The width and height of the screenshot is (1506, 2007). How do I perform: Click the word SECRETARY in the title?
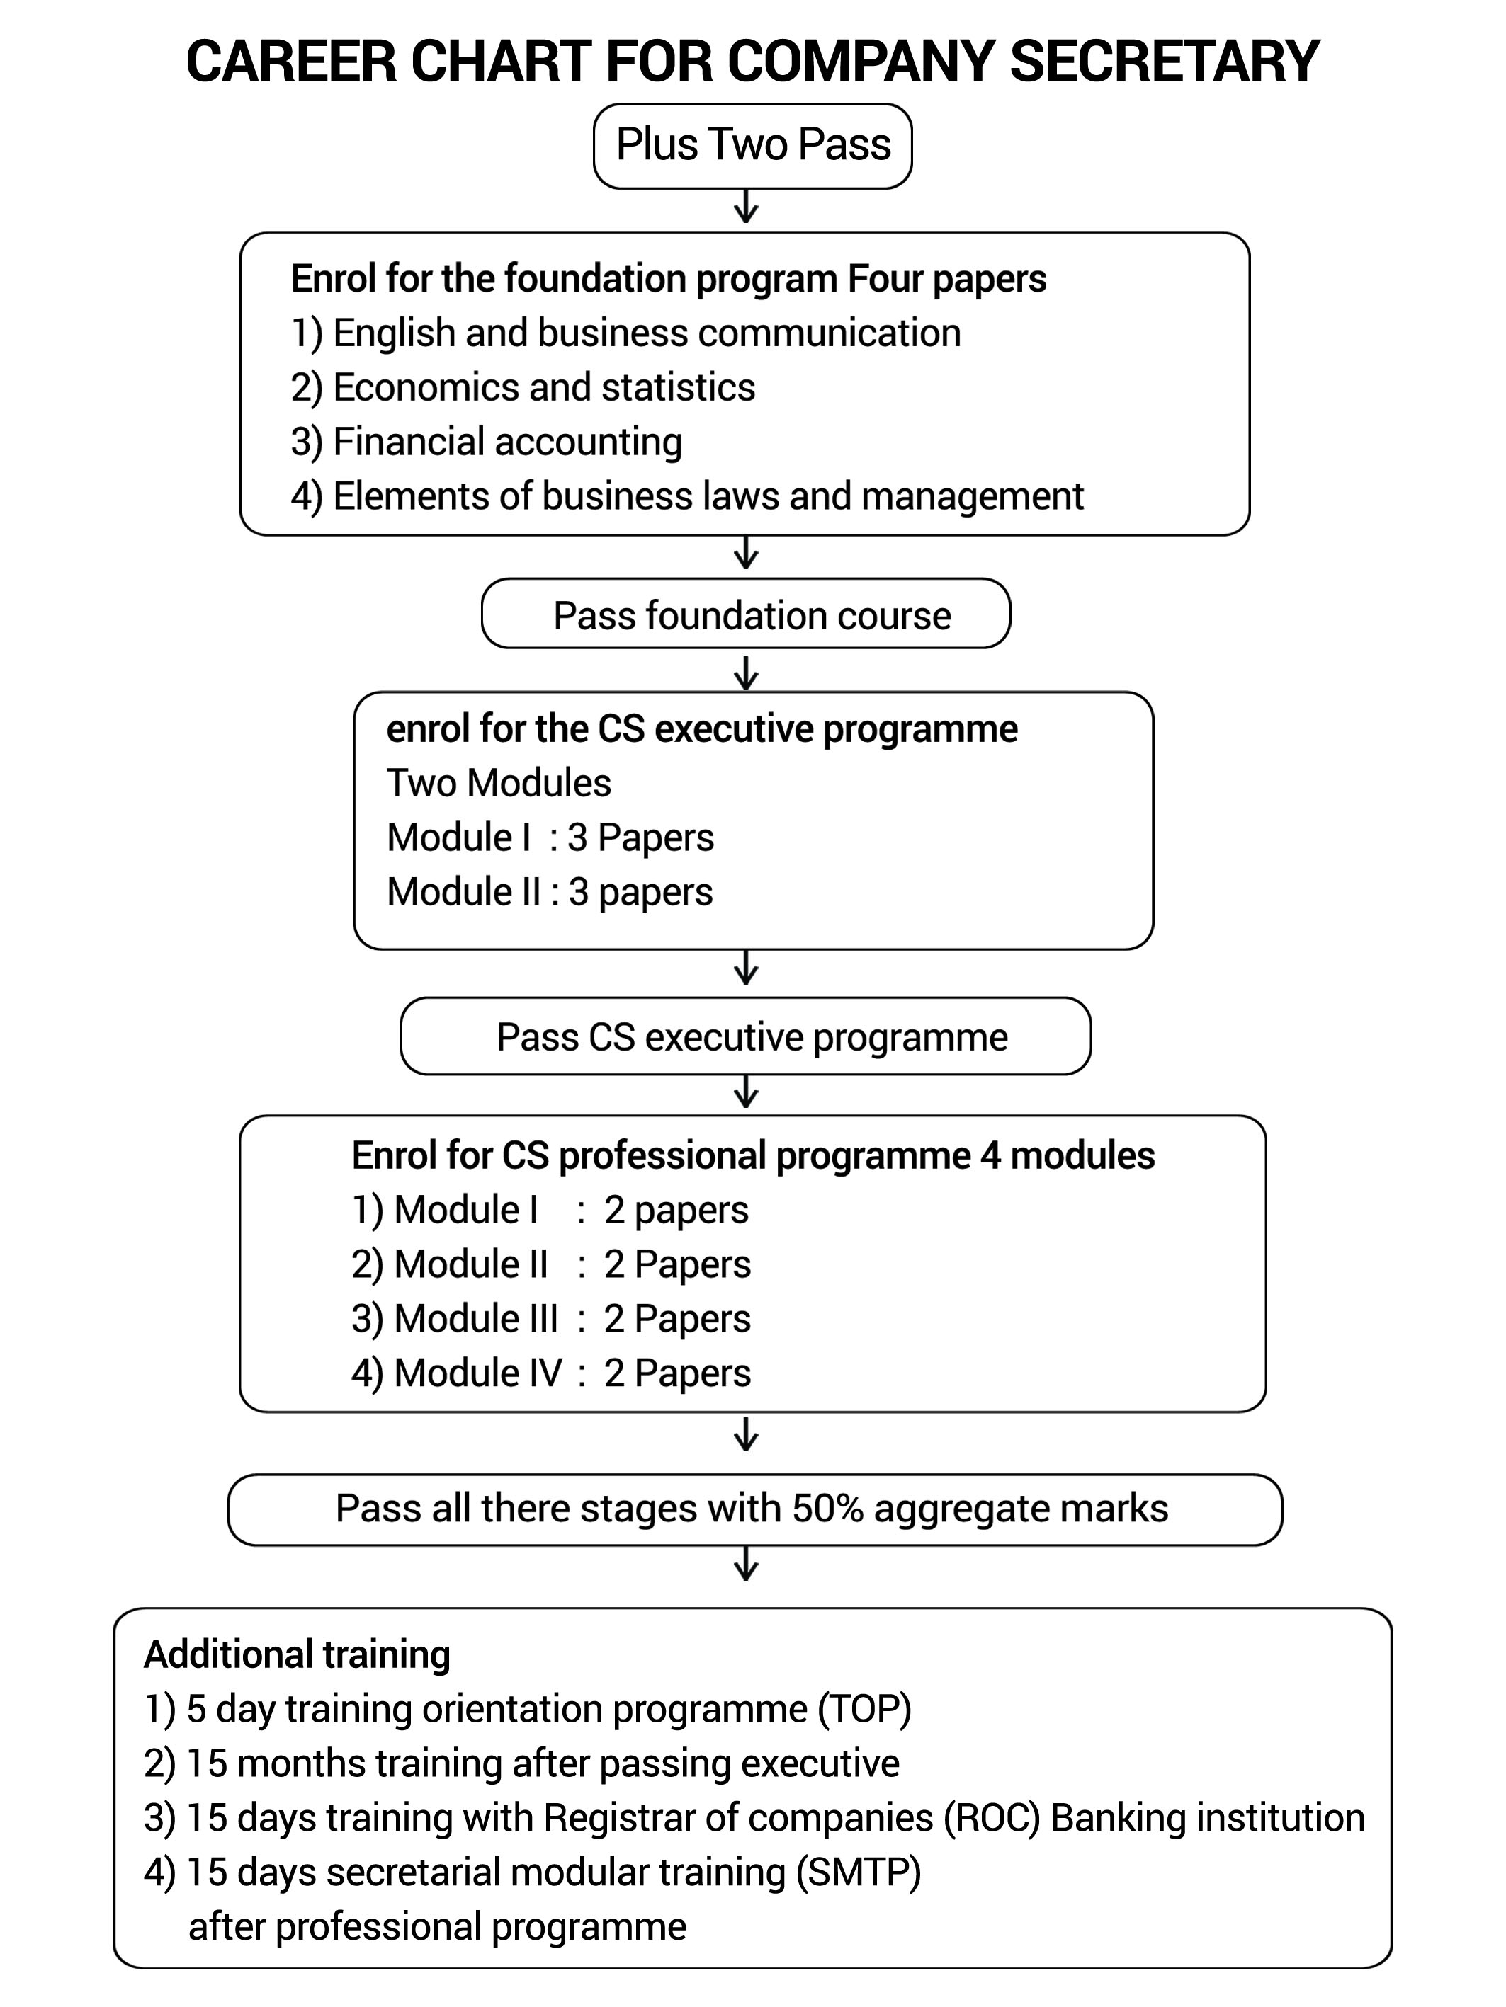pos(1164,62)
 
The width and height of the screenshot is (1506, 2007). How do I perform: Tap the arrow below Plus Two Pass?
pos(745,206)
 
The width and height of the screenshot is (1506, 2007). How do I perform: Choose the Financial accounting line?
pos(487,442)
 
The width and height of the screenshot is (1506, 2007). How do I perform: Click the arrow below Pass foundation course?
pos(745,673)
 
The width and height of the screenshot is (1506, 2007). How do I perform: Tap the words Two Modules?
pos(499,783)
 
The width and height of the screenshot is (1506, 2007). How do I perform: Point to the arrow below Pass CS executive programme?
pos(745,1092)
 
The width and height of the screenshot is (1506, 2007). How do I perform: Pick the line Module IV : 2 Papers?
pos(551,1373)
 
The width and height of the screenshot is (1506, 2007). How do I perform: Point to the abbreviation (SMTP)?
pos(858,1872)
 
